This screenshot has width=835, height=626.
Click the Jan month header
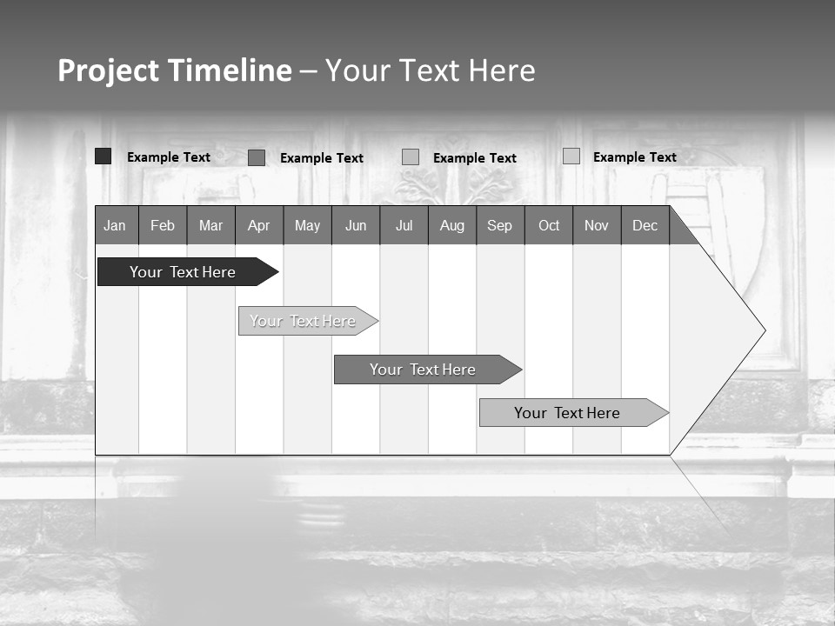(x=115, y=225)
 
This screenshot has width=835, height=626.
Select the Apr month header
(x=258, y=225)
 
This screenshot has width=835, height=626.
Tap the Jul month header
(x=404, y=225)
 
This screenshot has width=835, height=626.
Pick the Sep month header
(x=499, y=225)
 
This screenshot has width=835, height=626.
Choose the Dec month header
(x=645, y=225)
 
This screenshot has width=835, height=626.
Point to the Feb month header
(x=163, y=225)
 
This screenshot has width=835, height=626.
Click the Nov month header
(x=597, y=225)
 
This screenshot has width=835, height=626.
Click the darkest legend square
(x=104, y=156)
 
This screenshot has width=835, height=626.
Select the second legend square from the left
(x=257, y=157)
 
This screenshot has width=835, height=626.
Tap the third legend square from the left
(x=411, y=157)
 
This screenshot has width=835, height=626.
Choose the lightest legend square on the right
(x=571, y=156)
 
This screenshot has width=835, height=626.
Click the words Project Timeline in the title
(x=175, y=70)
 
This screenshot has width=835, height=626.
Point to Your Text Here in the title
(x=430, y=70)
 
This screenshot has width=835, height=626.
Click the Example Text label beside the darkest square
(x=169, y=157)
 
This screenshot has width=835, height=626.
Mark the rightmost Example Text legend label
(x=635, y=157)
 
